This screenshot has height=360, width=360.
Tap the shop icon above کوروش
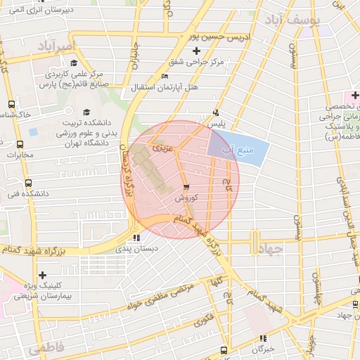pos(186,187)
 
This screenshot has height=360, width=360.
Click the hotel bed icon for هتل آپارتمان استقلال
pos(165,76)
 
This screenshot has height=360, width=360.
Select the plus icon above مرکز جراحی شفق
pos(196,51)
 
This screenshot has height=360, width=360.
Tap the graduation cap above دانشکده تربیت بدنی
pos(87,111)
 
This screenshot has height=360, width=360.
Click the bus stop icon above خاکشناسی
pos(11,103)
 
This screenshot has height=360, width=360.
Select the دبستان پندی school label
pos(136,248)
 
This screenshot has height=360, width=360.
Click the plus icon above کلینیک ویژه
pos(43,275)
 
